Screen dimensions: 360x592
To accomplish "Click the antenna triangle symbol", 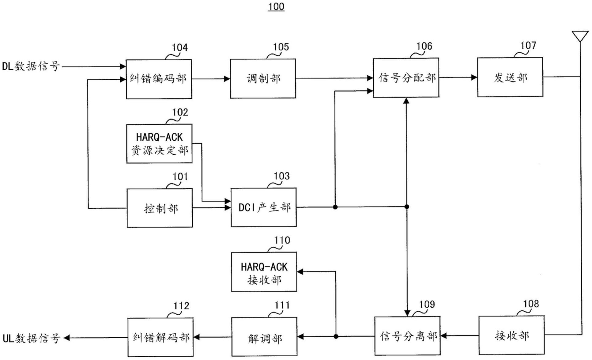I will click(x=580, y=36).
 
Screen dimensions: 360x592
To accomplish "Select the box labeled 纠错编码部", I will click(x=159, y=79).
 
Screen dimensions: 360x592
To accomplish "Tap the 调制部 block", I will click(x=263, y=79).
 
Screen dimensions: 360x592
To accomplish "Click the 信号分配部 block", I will click(x=406, y=78).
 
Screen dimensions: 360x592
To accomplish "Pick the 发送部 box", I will click(x=510, y=77).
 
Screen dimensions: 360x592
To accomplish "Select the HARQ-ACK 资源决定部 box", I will click(x=159, y=143).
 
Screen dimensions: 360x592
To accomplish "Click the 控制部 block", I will click(x=160, y=208).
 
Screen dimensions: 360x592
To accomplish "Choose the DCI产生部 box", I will click(x=263, y=207).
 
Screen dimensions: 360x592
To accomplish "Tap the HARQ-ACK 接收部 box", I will click(x=264, y=272).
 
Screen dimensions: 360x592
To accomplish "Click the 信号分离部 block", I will click(x=407, y=336).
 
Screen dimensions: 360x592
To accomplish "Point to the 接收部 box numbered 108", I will click(x=511, y=335).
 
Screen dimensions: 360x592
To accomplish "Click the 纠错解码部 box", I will click(x=160, y=337).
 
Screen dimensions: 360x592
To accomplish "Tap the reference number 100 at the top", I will click(x=276, y=6).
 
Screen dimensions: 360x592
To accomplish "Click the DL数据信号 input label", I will click(x=31, y=66).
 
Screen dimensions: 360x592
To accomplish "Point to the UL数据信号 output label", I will click(x=31, y=338).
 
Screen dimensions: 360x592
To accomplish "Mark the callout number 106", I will click(x=424, y=46).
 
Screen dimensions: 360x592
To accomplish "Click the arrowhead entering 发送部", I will click(x=474, y=77).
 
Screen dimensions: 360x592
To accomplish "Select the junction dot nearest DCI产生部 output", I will click(x=335, y=207).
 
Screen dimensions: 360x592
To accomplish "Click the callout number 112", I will click(x=181, y=306).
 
